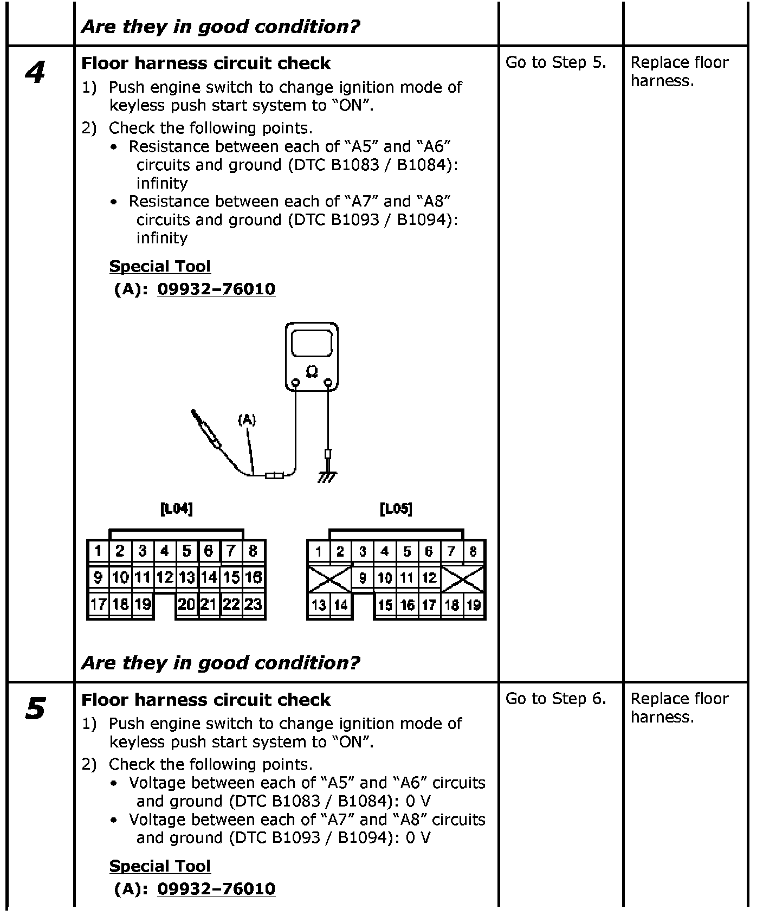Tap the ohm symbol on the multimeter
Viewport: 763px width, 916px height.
coord(312,371)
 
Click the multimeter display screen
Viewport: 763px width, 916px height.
coord(312,343)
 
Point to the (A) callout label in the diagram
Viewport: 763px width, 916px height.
coord(247,419)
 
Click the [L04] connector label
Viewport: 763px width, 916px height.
coord(177,508)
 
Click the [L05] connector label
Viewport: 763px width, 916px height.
coord(396,508)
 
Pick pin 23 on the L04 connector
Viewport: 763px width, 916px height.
coord(253,604)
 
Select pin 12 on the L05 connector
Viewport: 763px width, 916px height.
coord(429,578)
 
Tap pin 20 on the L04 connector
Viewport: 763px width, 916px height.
coord(186,604)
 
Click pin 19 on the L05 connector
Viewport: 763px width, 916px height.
coord(474,605)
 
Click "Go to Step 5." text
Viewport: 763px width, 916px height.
coord(555,63)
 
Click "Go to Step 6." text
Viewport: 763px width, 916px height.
coord(555,699)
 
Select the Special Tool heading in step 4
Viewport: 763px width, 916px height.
coord(160,266)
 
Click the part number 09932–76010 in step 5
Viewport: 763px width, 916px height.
coord(216,889)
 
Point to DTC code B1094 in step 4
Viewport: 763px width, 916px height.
coord(425,220)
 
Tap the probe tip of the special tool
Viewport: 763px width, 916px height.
coord(193,414)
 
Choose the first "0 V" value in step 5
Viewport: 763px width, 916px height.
coord(418,801)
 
